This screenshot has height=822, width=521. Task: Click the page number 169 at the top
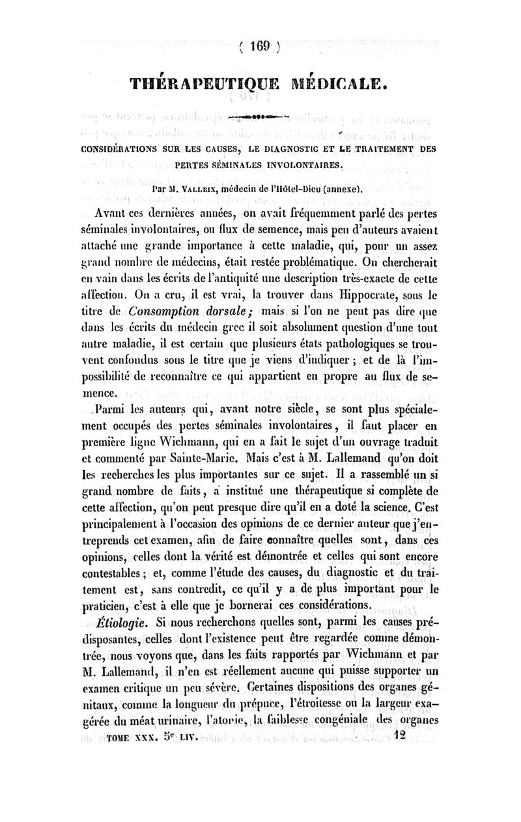click(260, 46)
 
